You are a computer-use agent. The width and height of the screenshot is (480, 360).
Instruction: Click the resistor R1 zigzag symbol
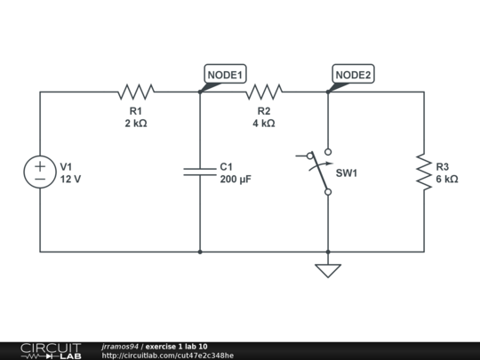[136, 91]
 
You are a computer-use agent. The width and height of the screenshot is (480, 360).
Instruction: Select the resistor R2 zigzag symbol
[264, 91]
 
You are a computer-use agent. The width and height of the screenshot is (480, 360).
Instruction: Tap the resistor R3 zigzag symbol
[423, 172]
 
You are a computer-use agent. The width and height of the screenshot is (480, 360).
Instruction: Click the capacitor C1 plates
[200, 171]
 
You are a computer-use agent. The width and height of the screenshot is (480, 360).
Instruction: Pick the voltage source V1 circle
[40, 172]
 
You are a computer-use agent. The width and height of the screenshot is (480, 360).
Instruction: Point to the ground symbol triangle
[328, 270]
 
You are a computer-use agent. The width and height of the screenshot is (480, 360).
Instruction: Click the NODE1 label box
[226, 76]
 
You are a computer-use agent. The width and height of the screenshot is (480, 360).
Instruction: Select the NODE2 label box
[353, 76]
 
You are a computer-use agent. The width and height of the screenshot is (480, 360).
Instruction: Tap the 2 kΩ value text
[136, 124]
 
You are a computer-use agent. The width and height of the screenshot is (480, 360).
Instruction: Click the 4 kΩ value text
[264, 124]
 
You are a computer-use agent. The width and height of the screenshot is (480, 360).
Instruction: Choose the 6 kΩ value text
[447, 179]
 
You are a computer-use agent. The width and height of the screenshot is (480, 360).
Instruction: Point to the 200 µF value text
[236, 179]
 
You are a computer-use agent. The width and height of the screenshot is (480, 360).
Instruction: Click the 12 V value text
[70, 179]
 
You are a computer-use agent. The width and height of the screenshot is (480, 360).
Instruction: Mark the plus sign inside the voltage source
[40, 165]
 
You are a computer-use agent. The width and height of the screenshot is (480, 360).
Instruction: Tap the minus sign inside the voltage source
[40, 179]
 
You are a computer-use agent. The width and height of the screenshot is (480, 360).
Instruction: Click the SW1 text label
[346, 172]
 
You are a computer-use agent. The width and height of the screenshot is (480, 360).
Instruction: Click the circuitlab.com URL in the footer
[168, 356]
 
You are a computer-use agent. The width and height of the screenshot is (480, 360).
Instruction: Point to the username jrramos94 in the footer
[120, 346]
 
